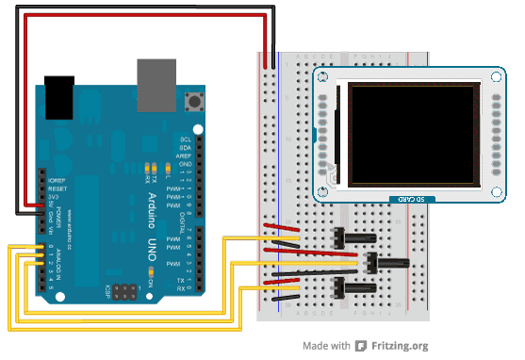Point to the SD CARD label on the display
coord(407,198)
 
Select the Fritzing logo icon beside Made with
coord(361,346)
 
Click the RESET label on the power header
coord(57,188)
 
